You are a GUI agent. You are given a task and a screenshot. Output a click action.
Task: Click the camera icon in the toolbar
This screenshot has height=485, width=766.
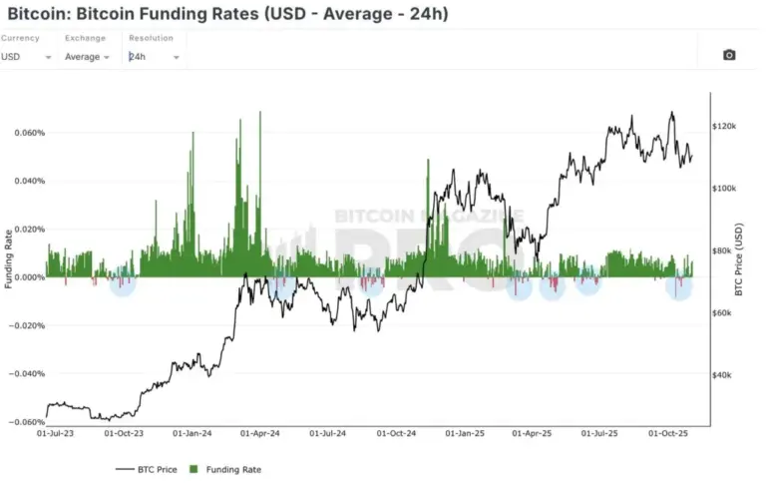[729, 55]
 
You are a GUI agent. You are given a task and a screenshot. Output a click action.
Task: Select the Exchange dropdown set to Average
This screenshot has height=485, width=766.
[87, 57]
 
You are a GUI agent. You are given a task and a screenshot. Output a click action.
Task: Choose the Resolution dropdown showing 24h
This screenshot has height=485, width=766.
[154, 57]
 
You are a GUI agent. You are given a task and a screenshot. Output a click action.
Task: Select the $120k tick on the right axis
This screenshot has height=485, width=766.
[724, 127]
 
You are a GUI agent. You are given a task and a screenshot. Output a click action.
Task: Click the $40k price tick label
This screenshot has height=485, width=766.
[722, 374]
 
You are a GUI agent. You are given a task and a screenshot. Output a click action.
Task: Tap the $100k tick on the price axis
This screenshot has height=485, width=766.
[724, 189]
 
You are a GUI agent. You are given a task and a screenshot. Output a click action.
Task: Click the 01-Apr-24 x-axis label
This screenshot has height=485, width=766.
[259, 434]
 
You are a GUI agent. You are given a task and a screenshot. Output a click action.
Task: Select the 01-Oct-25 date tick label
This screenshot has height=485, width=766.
[670, 434]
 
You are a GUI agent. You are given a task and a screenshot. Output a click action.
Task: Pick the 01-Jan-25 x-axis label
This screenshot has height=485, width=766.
[465, 434]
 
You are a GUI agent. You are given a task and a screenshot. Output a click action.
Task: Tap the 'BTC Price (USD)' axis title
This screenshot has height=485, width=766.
[740, 256]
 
